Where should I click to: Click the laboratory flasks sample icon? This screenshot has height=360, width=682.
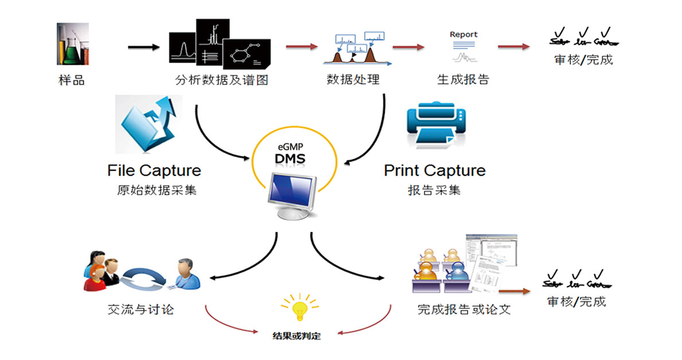[x=73, y=44]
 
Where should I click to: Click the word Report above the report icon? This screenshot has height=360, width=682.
[x=464, y=34]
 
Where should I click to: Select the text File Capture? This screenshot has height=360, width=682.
[x=154, y=170]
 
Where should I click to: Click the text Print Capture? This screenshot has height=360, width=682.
[x=434, y=170]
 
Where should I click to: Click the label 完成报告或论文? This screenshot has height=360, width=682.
[x=464, y=310]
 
